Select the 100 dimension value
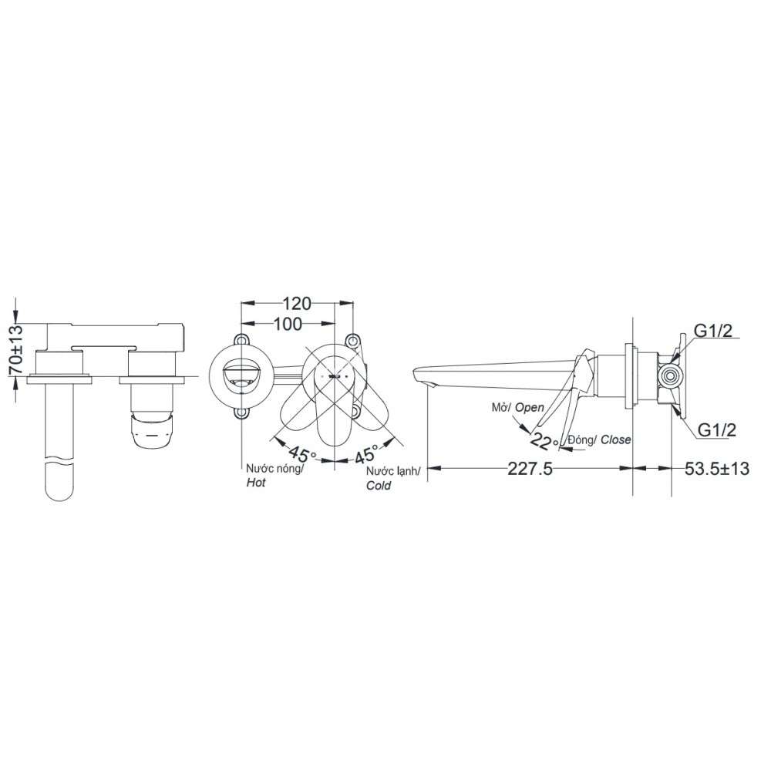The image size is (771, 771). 287,325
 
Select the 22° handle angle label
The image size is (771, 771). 545,440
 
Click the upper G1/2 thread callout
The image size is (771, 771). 714,332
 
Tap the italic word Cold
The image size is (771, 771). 379,486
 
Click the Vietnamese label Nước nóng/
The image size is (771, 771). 275,468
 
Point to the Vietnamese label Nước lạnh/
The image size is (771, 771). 394,471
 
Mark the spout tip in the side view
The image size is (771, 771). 419,378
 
